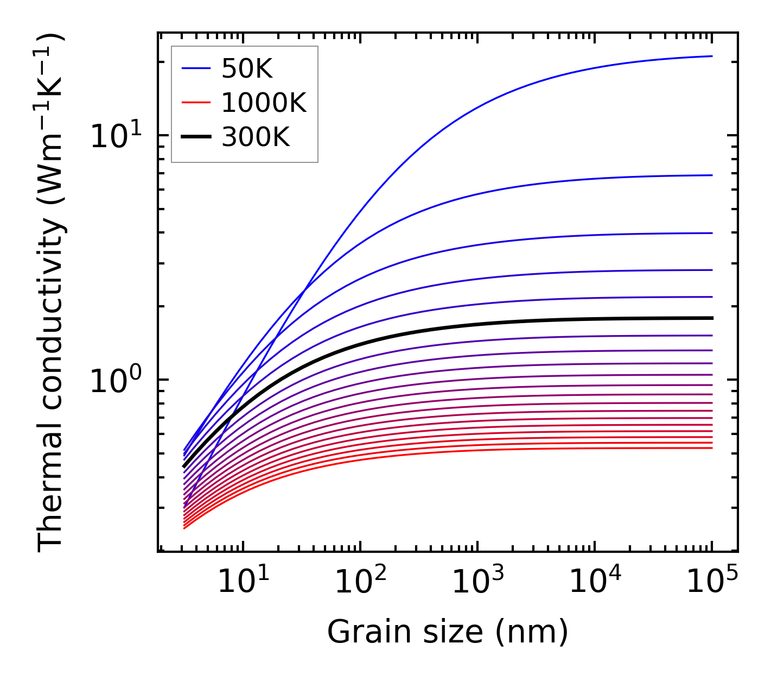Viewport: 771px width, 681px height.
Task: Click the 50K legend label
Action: (x=247, y=68)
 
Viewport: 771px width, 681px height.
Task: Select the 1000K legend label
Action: (x=264, y=103)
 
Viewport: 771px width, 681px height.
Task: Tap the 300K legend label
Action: (x=256, y=137)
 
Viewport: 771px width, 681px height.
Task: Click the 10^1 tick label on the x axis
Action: (x=243, y=583)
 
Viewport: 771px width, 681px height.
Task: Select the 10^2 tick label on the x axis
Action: (x=360, y=583)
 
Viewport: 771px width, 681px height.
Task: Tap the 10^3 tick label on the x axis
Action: (x=477, y=583)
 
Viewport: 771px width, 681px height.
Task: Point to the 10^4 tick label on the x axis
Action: (x=594, y=583)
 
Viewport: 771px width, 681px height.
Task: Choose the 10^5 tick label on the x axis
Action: (x=711, y=583)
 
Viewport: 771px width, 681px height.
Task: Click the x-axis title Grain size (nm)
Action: (x=448, y=632)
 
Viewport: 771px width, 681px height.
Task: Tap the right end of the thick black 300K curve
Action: (x=711, y=318)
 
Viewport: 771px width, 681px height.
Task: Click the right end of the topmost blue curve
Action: (x=711, y=56)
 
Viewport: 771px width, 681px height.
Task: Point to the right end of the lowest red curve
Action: (x=711, y=447)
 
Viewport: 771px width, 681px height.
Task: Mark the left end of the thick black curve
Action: (x=184, y=466)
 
